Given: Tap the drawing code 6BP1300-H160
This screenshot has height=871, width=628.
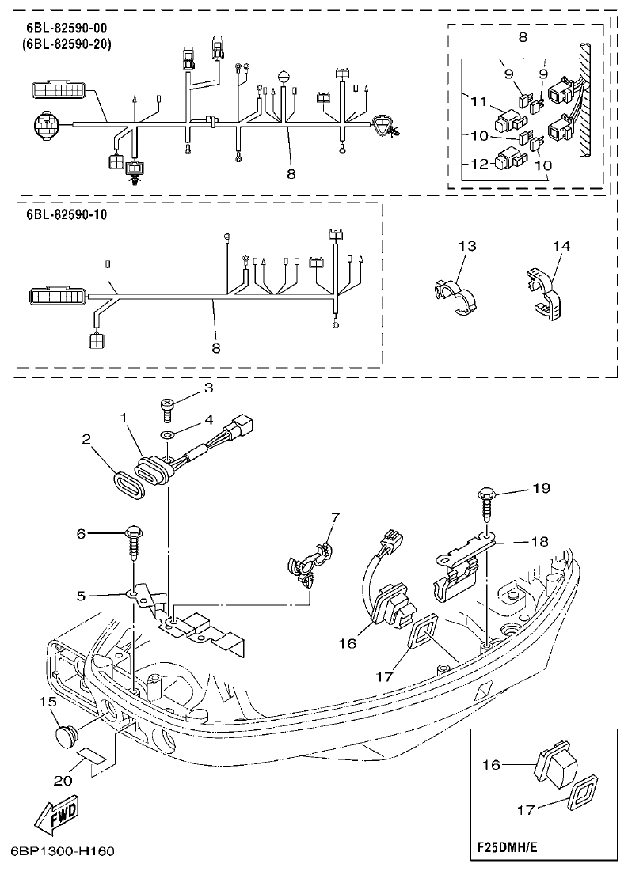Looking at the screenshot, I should tap(63, 851).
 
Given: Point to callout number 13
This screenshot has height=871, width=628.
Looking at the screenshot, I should tap(467, 247).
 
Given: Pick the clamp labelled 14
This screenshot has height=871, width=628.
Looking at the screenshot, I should tap(546, 293).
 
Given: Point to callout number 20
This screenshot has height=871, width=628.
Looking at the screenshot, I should tap(62, 780).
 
